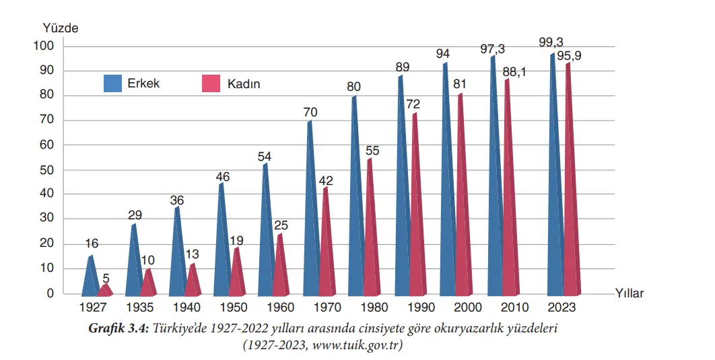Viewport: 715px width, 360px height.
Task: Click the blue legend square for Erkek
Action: coord(112,83)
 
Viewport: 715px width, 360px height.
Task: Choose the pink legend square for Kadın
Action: coord(211,83)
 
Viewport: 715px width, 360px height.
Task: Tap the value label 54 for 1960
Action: coord(265,157)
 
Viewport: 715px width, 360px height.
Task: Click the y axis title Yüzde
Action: coord(61,28)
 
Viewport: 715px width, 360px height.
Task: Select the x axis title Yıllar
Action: coord(629,293)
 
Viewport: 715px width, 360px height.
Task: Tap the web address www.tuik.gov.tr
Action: coord(357,345)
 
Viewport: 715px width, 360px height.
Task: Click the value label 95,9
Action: coord(569,55)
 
